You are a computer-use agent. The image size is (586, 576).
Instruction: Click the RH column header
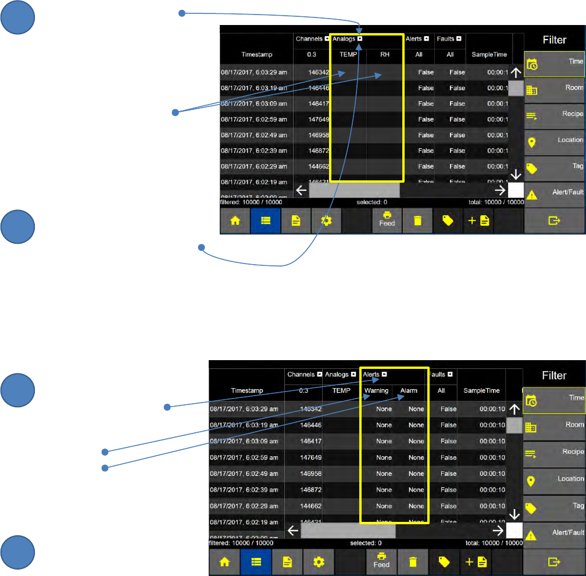point(384,55)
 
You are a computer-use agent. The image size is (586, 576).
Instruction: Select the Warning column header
point(376,390)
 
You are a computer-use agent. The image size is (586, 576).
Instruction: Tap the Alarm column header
point(409,390)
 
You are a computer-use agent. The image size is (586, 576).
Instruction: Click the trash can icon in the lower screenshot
point(413,561)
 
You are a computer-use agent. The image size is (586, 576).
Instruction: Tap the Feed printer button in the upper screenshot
point(387,221)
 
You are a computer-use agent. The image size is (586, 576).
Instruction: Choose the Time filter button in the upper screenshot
point(555,63)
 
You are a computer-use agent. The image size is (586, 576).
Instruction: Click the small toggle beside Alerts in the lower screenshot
point(384,375)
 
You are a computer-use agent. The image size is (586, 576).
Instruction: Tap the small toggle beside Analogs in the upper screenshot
point(360,39)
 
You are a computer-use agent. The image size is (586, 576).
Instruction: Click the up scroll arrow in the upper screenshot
point(516,73)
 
